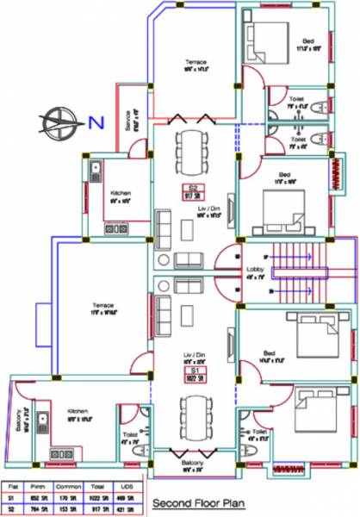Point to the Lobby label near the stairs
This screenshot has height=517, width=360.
point(255,274)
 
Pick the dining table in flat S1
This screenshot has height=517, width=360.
point(192,411)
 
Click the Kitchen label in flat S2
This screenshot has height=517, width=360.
point(121,195)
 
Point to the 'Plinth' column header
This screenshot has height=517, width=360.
point(39,485)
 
